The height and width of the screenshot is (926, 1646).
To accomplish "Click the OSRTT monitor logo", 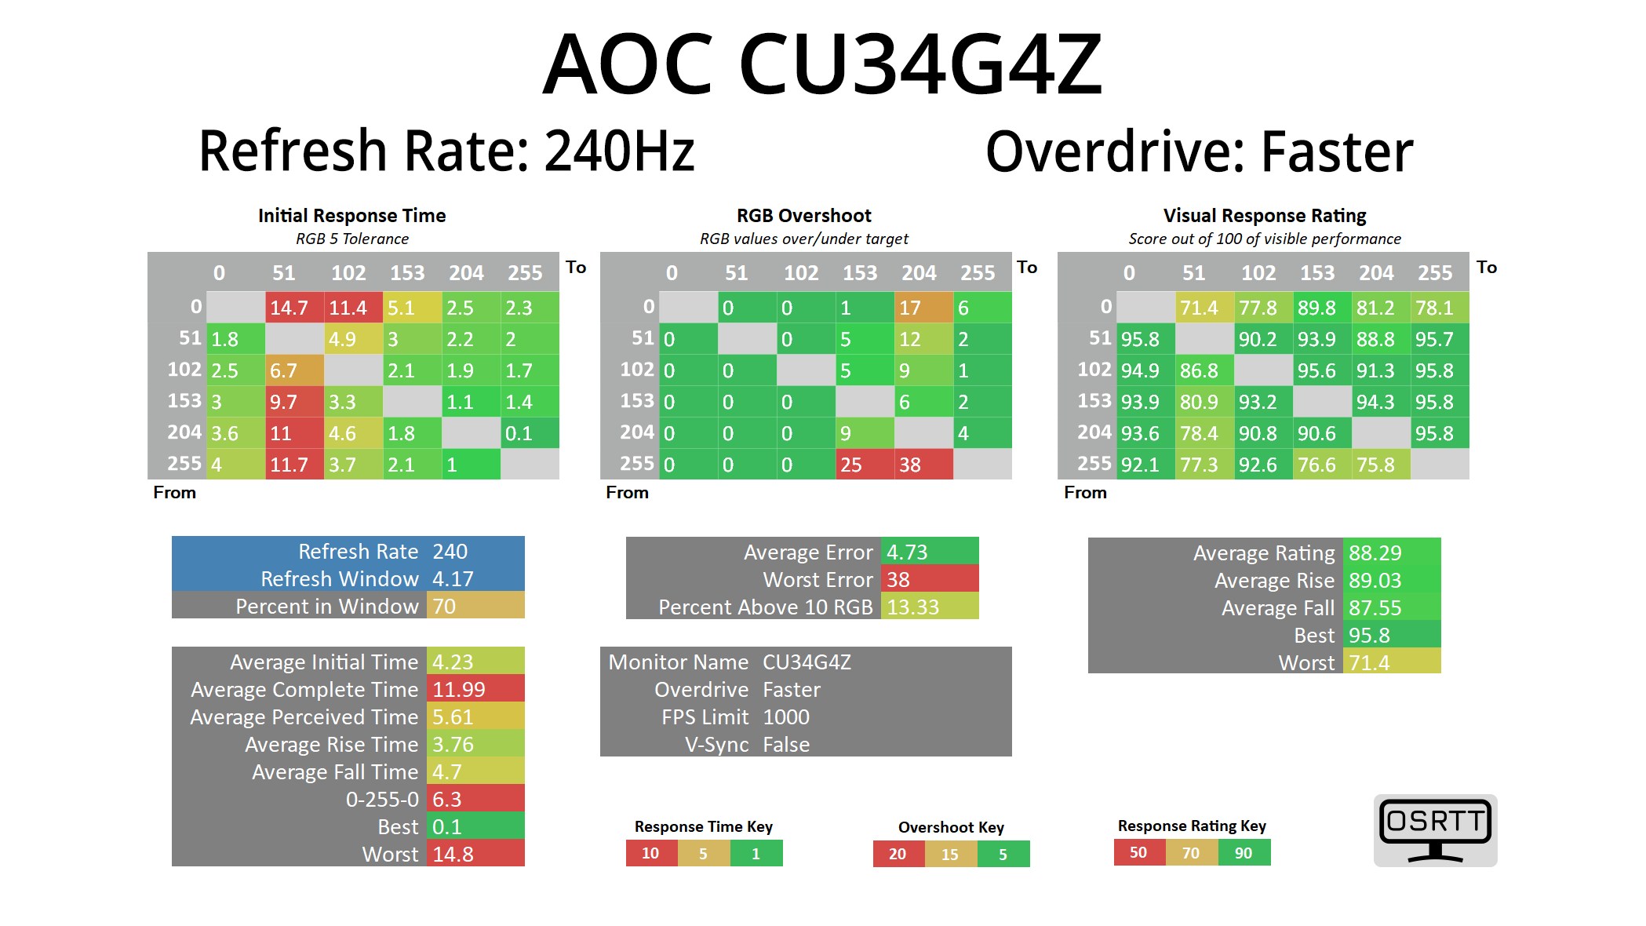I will click(x=1435, y=830).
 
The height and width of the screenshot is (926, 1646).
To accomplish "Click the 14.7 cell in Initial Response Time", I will click(x=294, y=308).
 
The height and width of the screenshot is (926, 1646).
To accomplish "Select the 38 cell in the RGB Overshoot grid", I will click(x=923, y=465).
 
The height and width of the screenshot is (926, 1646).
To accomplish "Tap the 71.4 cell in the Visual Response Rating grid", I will click(x=1204, y=308).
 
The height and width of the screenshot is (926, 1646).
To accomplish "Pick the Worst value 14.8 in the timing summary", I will click(x=475, y=854).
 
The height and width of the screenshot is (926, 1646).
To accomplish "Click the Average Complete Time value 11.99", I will click(x=475, y=690).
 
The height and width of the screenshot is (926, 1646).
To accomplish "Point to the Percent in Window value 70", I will click(x=475, y=607).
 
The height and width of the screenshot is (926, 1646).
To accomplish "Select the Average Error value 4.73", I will click(x=929, y=552).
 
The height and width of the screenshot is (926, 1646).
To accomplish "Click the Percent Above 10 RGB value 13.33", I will click(x=929, y=607).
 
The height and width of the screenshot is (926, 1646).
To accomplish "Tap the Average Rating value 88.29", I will click(x=1391, y=553).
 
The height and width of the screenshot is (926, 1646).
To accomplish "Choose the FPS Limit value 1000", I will click(x=786, y=717).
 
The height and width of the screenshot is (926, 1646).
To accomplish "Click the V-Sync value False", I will click(x=786, y=745).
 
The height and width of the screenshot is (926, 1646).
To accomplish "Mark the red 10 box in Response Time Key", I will click(x=651, y=853).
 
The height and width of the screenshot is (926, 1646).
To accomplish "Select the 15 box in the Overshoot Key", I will click(x=950, y=854).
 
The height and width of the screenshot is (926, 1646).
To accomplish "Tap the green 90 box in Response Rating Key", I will click(x=1244, y=853).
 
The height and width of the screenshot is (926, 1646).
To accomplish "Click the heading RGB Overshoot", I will click(x=803, y=216).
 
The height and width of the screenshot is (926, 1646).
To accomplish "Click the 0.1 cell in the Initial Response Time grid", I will click(x=529, y=433).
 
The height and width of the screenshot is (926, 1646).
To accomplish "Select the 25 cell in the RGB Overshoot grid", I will click(x=864, y=465).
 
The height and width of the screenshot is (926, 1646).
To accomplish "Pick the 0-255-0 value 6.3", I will click(x=475, y=800).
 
